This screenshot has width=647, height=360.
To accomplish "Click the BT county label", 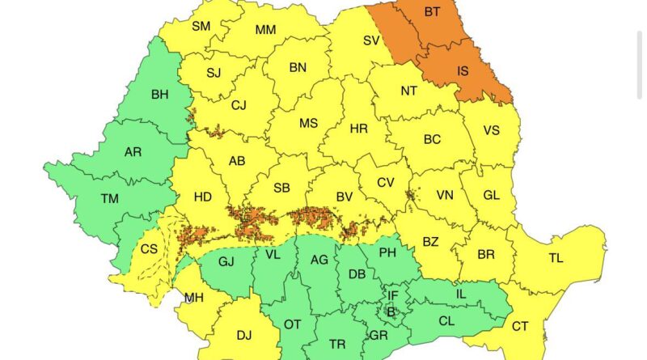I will coord(433,13).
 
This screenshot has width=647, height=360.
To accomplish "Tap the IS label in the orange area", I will coord(463,71).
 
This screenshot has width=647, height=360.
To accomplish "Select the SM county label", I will coord(201,26).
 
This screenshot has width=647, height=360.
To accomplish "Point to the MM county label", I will coord(265,30).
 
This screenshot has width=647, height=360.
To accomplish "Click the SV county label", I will coord(371,40).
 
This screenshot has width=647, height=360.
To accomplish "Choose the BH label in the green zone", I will coord(159,95).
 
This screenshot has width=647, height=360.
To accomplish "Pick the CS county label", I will coord(149,249).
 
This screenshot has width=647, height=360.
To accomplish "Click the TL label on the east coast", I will coord(556,258).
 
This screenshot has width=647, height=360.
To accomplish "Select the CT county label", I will coord(520,326).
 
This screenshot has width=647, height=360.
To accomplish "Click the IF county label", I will coord(393,295).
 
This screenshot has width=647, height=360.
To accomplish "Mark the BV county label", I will coord(345,197).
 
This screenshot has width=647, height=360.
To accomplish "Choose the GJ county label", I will coord(226,260).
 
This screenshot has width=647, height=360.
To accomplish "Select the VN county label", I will coord(445,195).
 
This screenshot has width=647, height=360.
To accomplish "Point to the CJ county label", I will coord(239,104).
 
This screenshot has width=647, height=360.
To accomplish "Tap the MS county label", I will coord(308,124).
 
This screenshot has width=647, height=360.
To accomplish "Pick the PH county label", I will coord(387,252).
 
